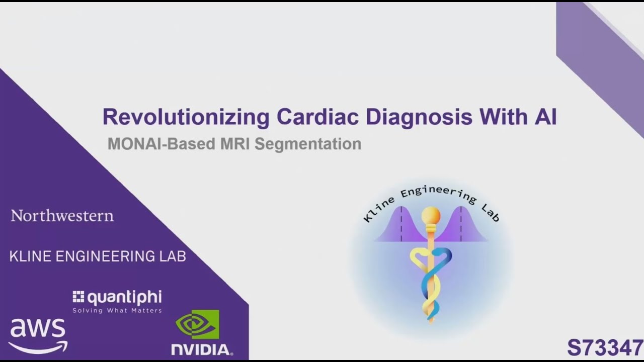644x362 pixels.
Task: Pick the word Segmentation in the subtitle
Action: (308, 144)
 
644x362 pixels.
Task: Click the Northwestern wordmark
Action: (62, 216)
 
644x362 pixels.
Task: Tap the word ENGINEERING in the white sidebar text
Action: (111, 256)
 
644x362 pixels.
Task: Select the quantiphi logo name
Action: (124, 298)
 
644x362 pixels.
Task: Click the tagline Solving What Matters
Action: (117, 311)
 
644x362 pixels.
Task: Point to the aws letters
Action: (38, 329)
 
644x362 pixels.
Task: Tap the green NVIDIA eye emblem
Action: (197, 324)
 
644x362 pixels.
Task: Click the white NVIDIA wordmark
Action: (202, 349)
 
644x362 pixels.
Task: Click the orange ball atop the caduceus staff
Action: (431, 216)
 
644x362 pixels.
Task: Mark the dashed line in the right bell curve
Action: (461, 224)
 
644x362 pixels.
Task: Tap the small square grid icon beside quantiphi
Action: (78, 297)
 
